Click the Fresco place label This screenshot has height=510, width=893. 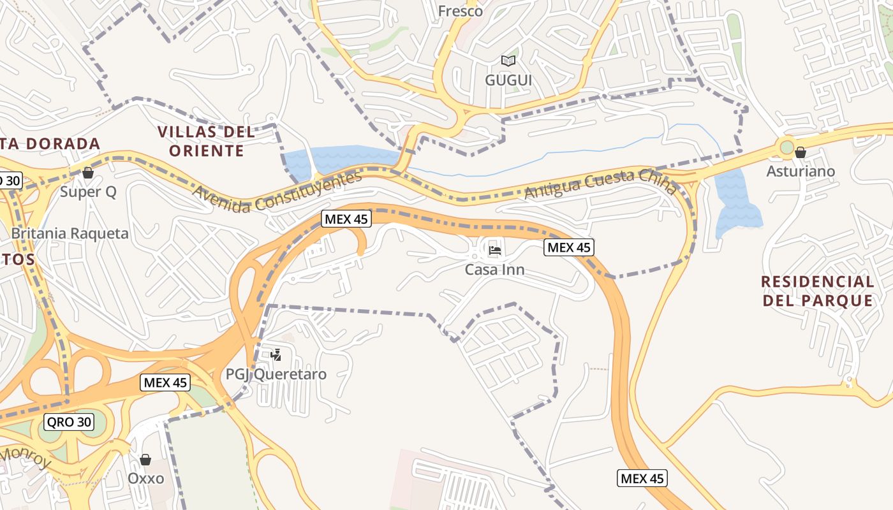point(460,11)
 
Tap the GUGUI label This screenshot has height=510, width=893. point(508,80)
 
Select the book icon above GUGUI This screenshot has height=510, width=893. point(508,61)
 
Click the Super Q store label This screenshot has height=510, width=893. point(88,192)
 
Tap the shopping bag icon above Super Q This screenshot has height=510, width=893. point(88,173)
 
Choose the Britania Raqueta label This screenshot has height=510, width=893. point(70,233)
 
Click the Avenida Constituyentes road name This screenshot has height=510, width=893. point(277,192)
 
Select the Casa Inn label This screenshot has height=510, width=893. point(494,270)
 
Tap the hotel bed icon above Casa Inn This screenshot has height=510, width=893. point(494,250)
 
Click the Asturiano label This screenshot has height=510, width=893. point(801,171)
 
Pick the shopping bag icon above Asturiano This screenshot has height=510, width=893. point(801,152)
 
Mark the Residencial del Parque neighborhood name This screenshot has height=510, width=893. point(818,291)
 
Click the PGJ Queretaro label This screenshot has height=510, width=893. point(276,374)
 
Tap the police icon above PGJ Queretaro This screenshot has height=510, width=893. point(276,354)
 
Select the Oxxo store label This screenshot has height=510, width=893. point(145,478)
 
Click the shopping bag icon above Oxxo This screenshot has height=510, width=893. point(145,459)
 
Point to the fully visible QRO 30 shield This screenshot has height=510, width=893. point(69,421)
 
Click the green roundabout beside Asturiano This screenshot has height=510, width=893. point(786,148)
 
